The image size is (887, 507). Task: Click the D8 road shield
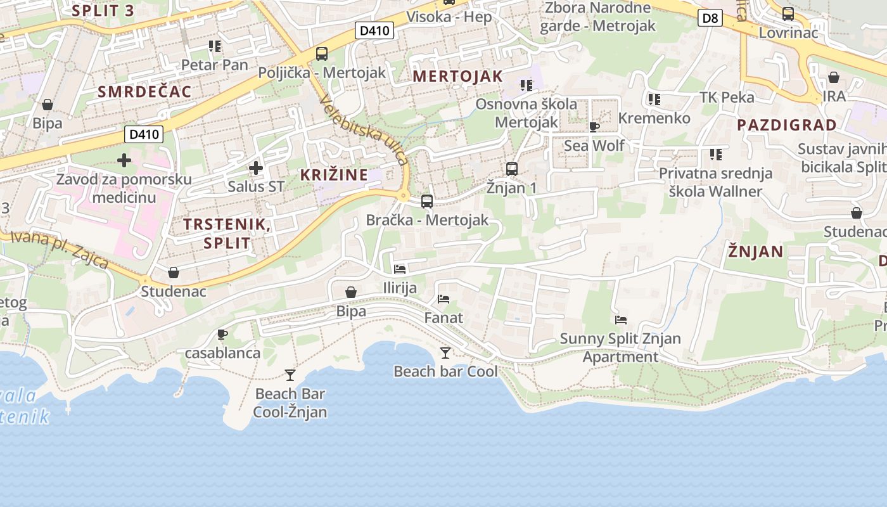click(x=711, y=18)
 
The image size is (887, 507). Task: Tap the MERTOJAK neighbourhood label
click(x=457, y=77)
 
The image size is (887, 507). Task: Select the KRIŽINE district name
click(x=333, y=175)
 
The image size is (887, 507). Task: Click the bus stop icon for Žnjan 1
click(x=511, y=169)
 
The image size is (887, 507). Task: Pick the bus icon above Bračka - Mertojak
click(x=427, y=202)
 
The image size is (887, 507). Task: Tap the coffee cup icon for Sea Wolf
click(x=594, y=127)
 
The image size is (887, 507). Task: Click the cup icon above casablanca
click(x=222, y=334)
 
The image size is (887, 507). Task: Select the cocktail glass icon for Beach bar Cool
click(x=445, y=352)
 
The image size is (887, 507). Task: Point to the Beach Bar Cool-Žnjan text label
click(x=290, y=403)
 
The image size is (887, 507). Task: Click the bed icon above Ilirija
click(x=400, y=269)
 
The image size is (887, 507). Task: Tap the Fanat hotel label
click(x=443, y=318)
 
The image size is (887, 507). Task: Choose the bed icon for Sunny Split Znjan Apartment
click(x=620, y=320)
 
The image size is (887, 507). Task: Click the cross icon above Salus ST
click(x=255, y=168)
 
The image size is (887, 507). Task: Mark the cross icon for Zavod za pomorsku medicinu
click(x=124, y=160)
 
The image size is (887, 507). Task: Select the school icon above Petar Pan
click(x=215, y=46)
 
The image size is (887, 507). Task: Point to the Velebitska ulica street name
click(x=365, y=131)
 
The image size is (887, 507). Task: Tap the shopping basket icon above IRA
click(x=834, y=77)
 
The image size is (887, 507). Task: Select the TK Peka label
click(x=727, y=97)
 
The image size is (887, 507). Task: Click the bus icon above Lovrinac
click(x=788, y=13)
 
